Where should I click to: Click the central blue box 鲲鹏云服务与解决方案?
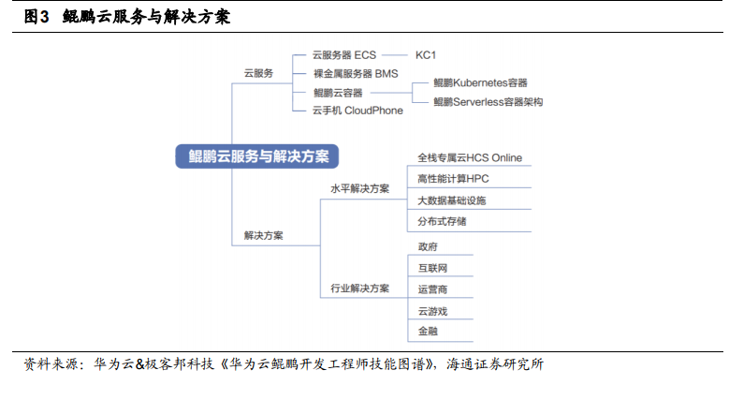click(256, 156)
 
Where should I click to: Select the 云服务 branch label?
click(258, 73)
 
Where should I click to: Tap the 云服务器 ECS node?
click(344, 55)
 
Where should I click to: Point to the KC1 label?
click(426, 55)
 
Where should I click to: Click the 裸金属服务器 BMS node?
click(356, 74)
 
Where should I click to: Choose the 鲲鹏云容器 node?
click(338, 93)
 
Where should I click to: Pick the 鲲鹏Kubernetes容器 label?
click(480, 82)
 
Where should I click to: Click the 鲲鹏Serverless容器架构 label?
click(488, 102)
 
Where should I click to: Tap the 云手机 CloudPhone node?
click(357, 111)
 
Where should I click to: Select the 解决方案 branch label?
click(263, 235)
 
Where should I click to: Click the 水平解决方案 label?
click(359, 188)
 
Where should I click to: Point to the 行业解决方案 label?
click(359, 289)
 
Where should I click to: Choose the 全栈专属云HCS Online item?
click(470, 158)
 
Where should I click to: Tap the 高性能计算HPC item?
click(453, 179)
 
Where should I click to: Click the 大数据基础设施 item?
click(451, 200)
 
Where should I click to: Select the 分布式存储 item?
click(442, 221)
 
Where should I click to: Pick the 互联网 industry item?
click(432, 268)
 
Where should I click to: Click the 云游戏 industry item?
click(432, 311)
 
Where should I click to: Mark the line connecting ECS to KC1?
click(394, 55)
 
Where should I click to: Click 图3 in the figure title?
click(36, 17)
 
